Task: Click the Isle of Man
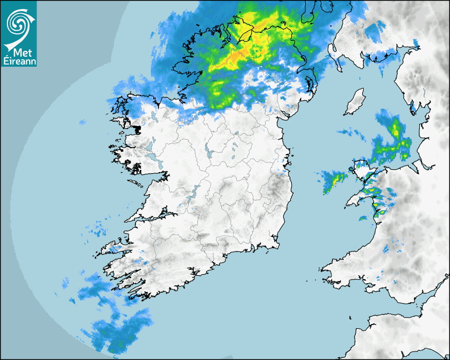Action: coord(354,102)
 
